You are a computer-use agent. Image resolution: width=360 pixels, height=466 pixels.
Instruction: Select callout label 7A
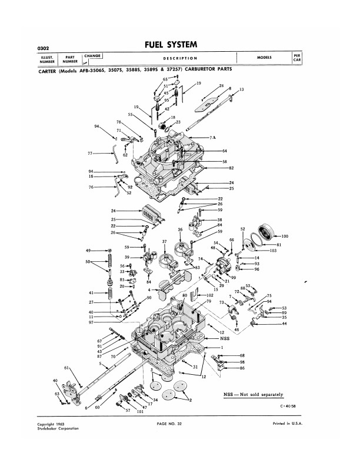pos(214,137)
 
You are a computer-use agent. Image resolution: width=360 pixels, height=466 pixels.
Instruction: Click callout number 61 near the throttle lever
pos(67,368)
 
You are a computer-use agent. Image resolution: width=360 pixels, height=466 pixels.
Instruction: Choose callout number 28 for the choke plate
pos(221,86)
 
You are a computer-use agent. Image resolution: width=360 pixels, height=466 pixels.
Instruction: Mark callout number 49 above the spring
pos(88,251)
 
